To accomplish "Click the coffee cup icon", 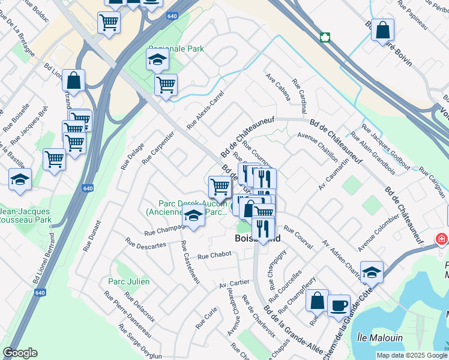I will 339,305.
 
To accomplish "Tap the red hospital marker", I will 442,239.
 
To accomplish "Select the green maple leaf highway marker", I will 325,37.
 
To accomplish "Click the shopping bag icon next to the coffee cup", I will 317,299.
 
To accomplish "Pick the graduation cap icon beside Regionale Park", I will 157,59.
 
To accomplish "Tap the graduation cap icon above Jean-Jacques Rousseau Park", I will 20,179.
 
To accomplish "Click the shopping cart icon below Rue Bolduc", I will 109,23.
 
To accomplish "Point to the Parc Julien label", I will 128,281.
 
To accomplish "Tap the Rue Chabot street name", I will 214,256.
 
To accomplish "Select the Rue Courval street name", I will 298,238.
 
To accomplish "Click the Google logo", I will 20,353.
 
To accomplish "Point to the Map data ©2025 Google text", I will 411,355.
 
